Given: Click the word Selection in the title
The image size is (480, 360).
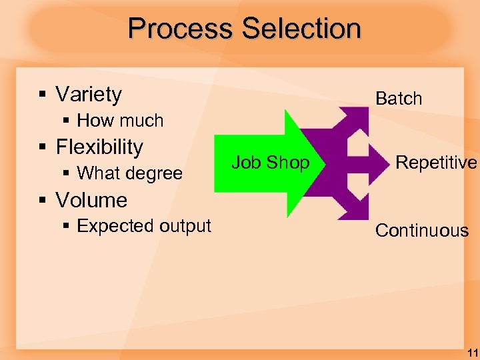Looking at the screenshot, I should click(301, 29).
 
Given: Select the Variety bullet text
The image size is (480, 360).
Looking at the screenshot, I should click(89, 95).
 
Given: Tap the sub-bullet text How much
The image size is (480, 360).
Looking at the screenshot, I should click(120, 121).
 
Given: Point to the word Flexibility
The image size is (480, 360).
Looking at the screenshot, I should click(99, 147).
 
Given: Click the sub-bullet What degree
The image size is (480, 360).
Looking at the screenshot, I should click(129, 173).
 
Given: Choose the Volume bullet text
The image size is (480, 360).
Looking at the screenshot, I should click(91, 200).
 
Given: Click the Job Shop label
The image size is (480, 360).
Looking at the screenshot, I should click(270, 162).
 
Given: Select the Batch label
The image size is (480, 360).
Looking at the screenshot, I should click(399, 99).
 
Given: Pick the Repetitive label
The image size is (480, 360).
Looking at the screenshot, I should click(436, 162).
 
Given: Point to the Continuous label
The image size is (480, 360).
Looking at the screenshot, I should click(421, 231).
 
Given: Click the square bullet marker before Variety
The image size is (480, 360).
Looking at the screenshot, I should click(42, 95).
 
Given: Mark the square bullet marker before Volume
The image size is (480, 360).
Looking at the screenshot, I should click(42, 201).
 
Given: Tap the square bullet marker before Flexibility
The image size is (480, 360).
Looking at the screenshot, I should click(42, 147).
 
